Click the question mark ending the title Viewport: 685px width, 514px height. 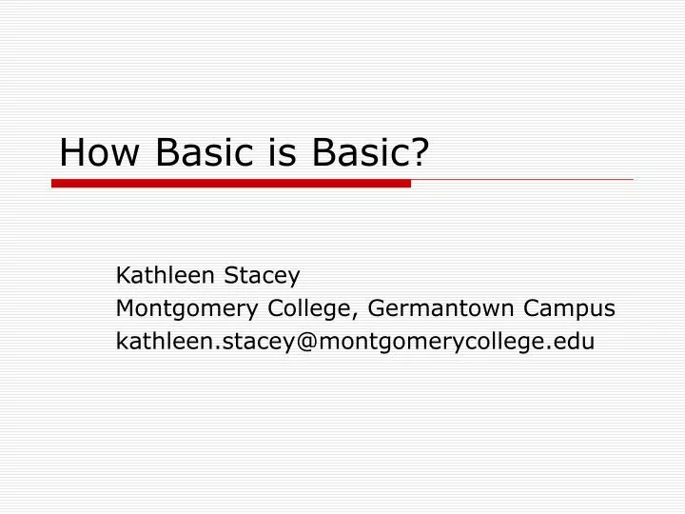(415, 152)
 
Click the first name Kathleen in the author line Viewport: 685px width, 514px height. (165, 276)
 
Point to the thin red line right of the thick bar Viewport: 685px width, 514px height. (522, 179)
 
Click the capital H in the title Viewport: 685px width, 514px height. (72, 152)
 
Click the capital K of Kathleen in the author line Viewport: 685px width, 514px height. (123, 276)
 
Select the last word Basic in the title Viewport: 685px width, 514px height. (361, 152)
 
